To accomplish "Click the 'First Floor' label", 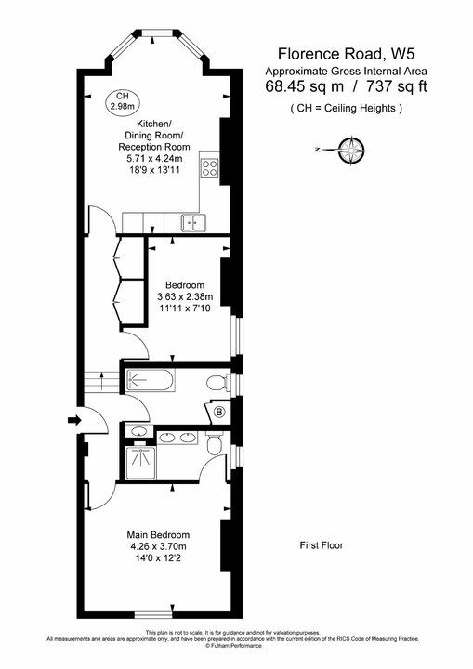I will [x=322, y=545].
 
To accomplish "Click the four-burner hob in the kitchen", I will [x=210, y=168].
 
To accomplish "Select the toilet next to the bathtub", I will [x=216, y=382].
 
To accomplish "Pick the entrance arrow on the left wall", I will [x=74, y=421].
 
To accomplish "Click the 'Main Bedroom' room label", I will [x=160, y=535].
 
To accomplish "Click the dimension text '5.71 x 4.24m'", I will [x=153, y=159].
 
